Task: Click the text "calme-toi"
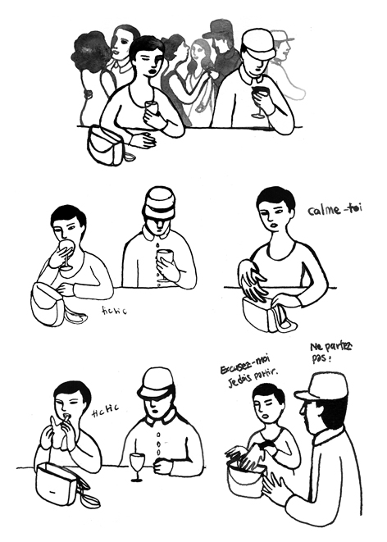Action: (x=334, y=210)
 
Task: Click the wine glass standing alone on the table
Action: (x=137, y=465)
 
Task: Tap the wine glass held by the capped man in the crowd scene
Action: (x=261, y=99)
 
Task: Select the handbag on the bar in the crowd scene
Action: (x=107, y=146)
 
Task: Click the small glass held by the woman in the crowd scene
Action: (x=151, y=109)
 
